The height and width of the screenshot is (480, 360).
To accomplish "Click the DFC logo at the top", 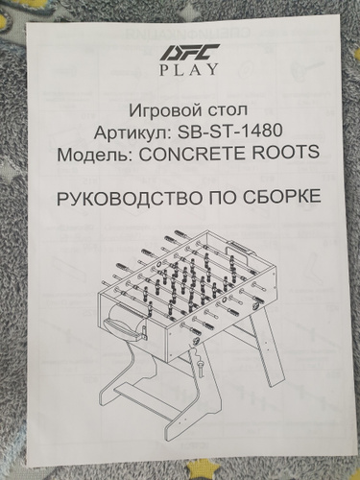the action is (x=189, y=52).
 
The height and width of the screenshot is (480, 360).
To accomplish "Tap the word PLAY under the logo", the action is (x=189, y=69).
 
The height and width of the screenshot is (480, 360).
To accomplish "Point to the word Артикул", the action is (x=130, y=132).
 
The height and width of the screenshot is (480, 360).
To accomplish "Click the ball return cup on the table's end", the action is (x=126, y=323).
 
